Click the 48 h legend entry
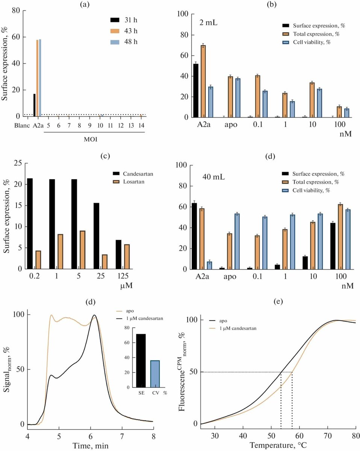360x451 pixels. click(x=124, y=41)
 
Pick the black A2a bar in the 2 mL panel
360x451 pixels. click(x=196, y=91)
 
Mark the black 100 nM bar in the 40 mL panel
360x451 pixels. click(x=333, y=246)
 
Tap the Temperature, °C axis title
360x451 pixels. click(x=277, y=445)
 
